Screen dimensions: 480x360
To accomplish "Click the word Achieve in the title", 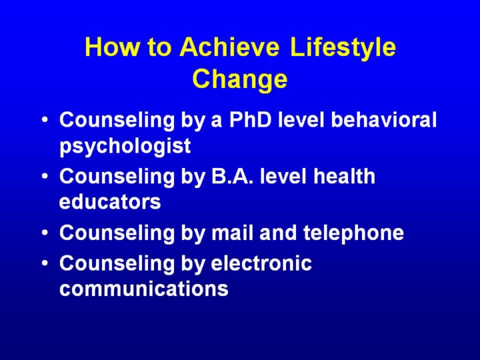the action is [229, 47].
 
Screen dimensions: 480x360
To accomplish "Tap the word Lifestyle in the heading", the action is [343, 48].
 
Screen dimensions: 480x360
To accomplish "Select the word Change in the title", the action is [240, 79].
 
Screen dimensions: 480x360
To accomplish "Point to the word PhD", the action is [251, 119].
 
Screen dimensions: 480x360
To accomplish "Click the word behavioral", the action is [384, 119].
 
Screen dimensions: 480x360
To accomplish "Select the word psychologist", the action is [125, 146].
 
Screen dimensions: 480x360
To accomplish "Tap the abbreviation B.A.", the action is [233, 176].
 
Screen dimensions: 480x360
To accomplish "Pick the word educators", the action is [110, 201].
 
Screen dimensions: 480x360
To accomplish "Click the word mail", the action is [233, 233].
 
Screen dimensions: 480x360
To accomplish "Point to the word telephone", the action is [353, 233].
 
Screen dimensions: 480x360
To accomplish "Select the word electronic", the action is [261, 263].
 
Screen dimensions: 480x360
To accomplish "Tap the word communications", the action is [144, 289].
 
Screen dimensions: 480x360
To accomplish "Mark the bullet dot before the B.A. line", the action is [45, 176].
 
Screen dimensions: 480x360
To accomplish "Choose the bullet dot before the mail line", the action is [45, 233].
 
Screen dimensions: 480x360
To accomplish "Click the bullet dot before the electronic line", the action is [45, 263].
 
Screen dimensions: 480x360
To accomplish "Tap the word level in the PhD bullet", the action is [301, 119].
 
